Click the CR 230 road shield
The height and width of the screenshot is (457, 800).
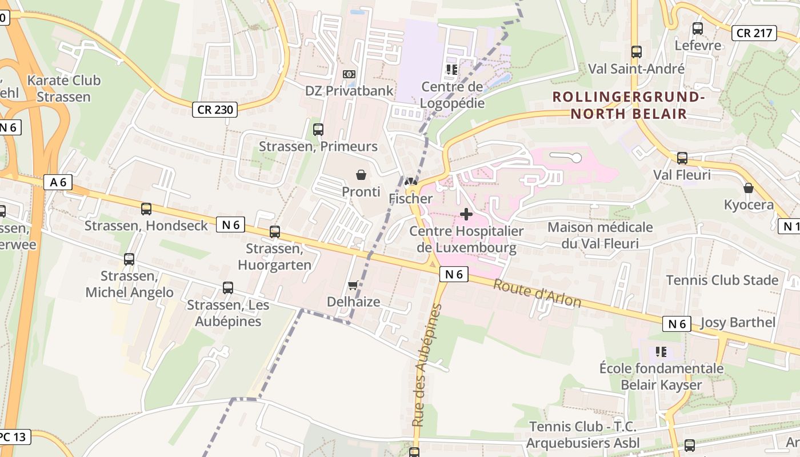[x=214, y=109]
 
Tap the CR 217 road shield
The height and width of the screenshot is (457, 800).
[x=754, y=33]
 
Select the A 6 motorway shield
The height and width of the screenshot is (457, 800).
[x=58, y=182]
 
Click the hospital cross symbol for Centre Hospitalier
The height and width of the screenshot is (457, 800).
[x=466, y=214]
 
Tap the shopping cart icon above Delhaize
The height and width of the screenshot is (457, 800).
[x=353, y=285]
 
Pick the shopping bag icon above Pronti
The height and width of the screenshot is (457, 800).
[x=361, y=175]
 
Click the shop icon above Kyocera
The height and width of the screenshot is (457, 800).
[x=748, y=188]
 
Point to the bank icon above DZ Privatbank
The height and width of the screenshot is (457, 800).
[x=349, y=74]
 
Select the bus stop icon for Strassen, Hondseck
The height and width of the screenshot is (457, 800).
[x=146, y=209]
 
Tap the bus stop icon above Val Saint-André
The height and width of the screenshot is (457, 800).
[x=637, y=52]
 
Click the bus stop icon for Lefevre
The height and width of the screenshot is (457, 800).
[x=697, y=29]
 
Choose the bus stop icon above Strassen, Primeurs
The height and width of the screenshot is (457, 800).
[x=318, y=130]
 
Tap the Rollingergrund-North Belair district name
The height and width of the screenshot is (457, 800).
[x=629, y=105]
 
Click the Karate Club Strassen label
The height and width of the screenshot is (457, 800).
[x=63, y=89]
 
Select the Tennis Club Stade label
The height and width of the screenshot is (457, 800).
[x=722, y=280]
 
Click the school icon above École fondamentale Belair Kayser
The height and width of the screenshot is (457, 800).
[x=661, y=351]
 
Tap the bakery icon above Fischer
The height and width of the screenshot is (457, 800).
[x=410, y=182]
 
